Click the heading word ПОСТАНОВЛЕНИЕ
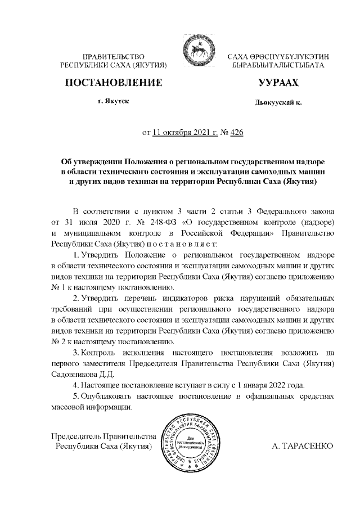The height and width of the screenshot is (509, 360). [x=114, y=83]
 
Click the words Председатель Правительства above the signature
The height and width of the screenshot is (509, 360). [x=103, y=436]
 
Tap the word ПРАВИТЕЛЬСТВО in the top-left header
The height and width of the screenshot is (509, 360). [x=114, y=57]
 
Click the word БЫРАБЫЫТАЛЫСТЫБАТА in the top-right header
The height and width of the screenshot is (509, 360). [x=278, y=66]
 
